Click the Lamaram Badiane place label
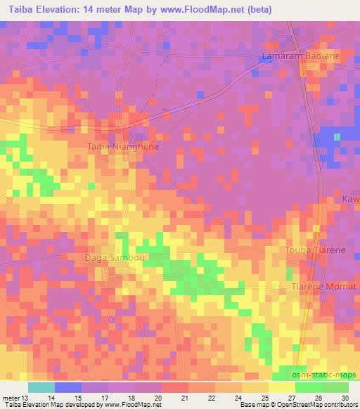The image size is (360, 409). (300, 56)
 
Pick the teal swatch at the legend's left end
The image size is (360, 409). (41, 387)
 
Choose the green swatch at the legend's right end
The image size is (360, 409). (335, 387)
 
